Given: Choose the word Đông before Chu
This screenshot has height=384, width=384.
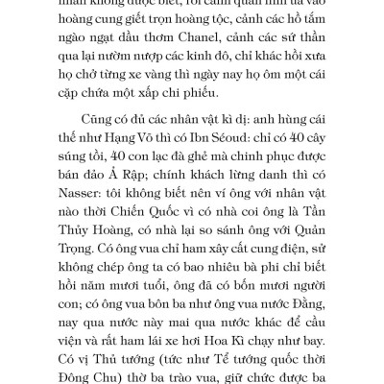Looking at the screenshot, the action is (96, 381).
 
